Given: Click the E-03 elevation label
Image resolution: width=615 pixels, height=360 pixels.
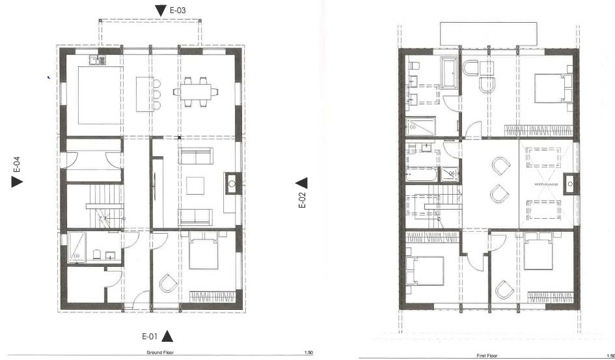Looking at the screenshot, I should (178, 10).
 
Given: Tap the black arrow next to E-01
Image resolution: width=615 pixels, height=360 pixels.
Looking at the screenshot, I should (167, 336).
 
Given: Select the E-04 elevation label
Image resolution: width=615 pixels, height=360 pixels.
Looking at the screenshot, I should (17, 165).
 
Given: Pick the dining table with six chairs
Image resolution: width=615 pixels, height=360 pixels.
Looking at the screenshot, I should (191, 91).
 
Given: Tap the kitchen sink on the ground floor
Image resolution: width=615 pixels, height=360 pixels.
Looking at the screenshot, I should (98, 61).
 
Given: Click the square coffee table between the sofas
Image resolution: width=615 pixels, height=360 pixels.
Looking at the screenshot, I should (196, 186).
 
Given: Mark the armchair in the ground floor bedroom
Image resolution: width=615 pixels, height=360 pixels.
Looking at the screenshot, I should (167, 283).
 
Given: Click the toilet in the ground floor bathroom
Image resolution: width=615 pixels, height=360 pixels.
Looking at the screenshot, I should (96, 255).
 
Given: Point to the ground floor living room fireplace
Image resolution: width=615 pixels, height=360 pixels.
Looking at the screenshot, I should (231, 184).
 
